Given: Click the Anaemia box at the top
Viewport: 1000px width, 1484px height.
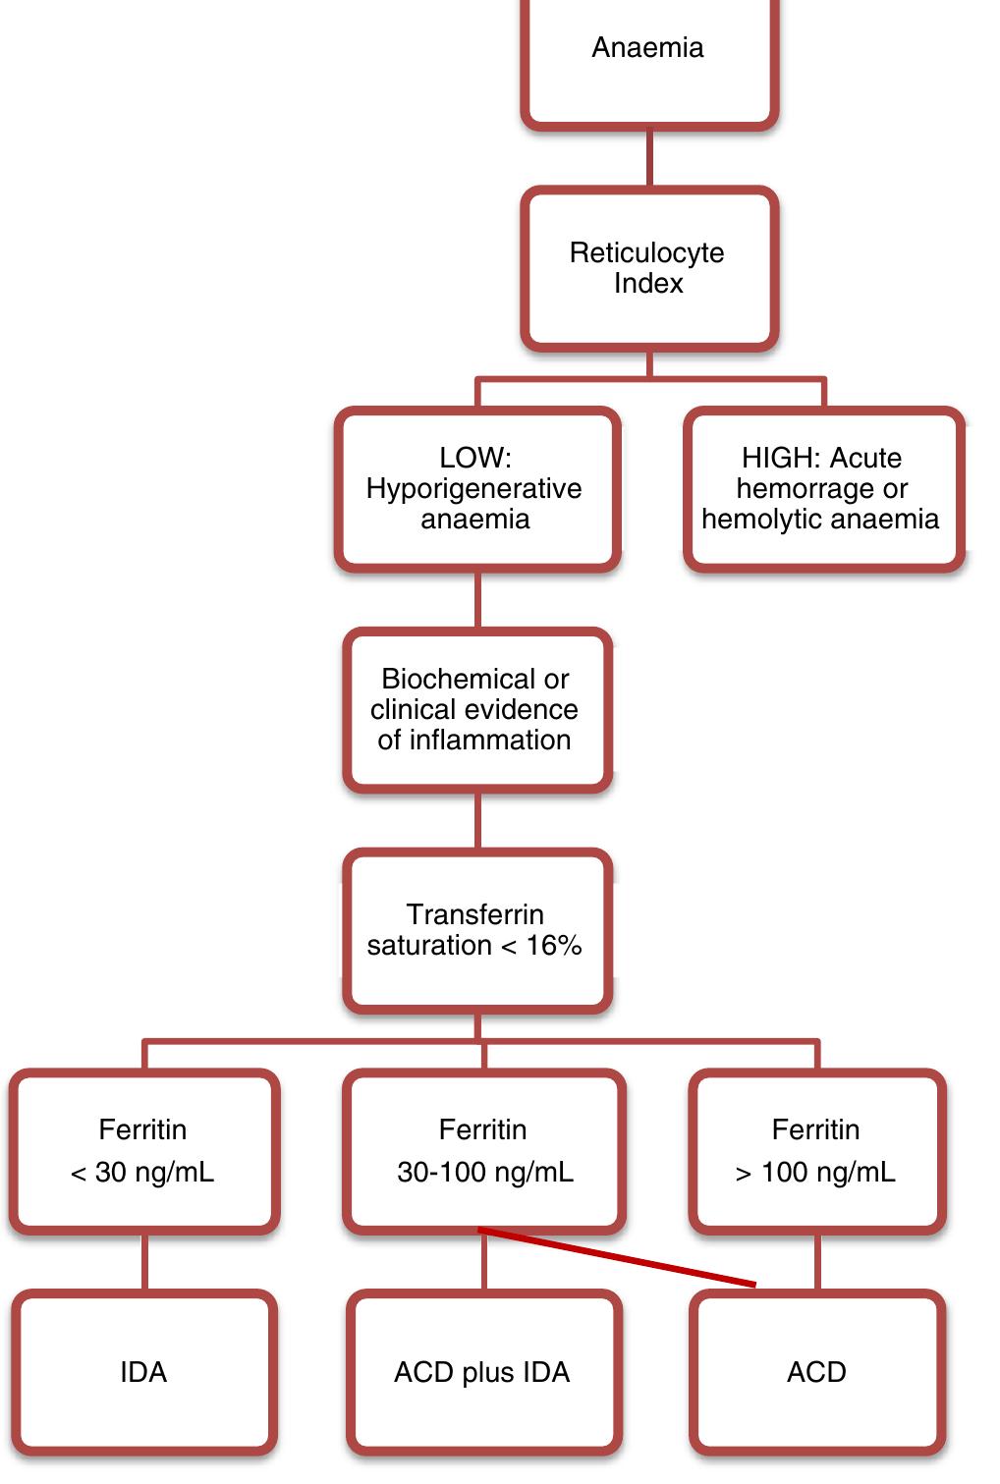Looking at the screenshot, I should pyautogui.click(x=648, y=59).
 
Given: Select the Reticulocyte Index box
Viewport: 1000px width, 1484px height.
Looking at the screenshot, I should pyautogui.click(x=648, y=268).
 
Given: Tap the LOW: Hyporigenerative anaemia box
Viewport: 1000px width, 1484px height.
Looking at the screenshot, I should pyautogui.click(x=476, y=489).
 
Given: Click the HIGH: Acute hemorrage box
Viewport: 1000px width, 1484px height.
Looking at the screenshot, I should pyautogui.click(x=822, y=489).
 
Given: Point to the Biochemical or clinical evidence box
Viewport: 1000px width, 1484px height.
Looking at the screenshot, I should pyautogui.click(x=476, y=710).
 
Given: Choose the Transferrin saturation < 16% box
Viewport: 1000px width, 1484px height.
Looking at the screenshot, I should pyautogui.click(x=476, y=930).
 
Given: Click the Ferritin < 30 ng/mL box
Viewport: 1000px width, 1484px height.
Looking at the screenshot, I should pyautogui.click(x=143, y=1151).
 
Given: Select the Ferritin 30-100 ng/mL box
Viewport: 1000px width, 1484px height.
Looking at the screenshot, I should pyautogui.click(x=483, y=1151).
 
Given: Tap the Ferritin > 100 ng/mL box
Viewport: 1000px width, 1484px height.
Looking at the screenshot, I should pyautogui.click(x=816, y=1151).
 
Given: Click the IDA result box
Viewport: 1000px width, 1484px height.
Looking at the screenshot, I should pyautogui.click(x=143, y=1372).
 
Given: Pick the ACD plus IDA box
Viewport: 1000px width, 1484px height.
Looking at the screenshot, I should pyautogui.click(x=483, y=1372).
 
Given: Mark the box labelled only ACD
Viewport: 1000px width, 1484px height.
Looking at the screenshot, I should pyautogui.click(x=816, y=1372).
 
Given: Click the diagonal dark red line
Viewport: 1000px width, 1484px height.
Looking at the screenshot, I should pyautogui.click(x=617, y=1256).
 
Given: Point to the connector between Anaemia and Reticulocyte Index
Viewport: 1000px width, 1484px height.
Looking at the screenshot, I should pyautogui.click(x=649, y=157).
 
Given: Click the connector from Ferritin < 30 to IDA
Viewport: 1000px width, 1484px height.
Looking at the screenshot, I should pyautogui.click(x=145, y=1262).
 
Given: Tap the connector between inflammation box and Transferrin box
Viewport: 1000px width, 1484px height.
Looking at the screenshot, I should pyautogui.click(x=477, y=820).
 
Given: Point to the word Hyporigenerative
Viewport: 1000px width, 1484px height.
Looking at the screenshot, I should pyautogui.click(x=473, y=489).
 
